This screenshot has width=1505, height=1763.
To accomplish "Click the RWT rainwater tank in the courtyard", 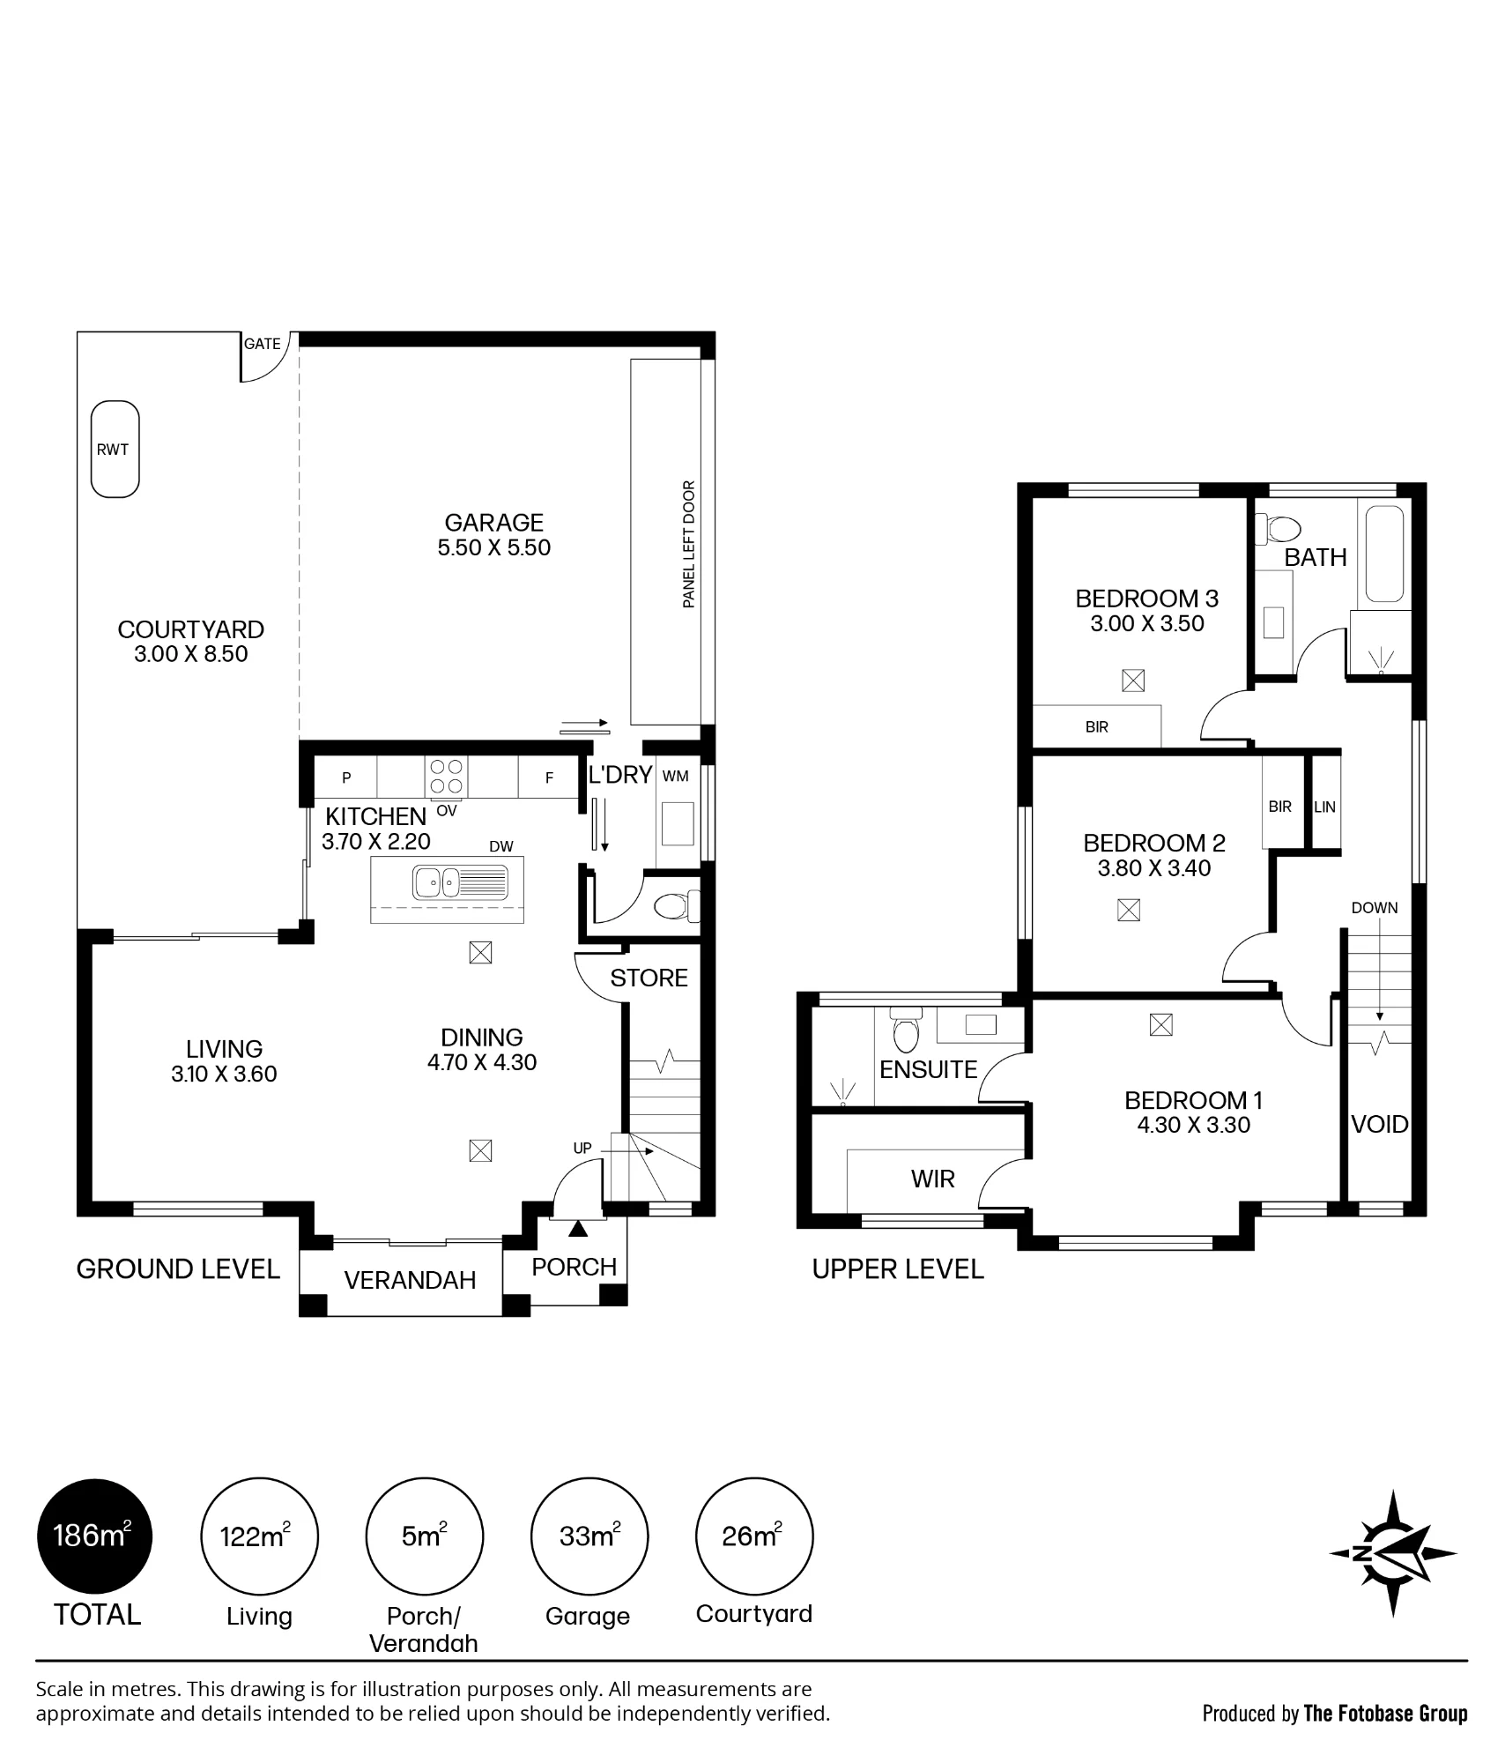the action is coord(115,450).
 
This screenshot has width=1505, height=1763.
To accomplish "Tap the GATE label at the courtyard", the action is coord(263,344).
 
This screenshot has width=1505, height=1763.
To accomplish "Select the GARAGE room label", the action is coord(493,522).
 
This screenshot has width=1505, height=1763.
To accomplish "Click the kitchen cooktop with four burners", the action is coord(447,777).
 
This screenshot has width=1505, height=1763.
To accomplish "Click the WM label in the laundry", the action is coord(675,777).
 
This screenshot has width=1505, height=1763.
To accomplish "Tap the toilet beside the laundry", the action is coord(678,905).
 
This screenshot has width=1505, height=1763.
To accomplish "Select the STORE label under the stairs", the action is coord(649,978).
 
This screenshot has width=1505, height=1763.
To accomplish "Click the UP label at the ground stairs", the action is coord(582,1149).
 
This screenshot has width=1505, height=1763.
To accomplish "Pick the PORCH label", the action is coord(574,1267).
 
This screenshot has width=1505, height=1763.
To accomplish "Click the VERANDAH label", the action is coord(410,1280).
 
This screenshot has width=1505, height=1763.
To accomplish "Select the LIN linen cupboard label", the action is coord(1324,807).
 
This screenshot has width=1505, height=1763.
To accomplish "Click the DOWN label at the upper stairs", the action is coord(1375,908).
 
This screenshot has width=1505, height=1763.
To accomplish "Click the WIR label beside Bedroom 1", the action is coord(933,1179).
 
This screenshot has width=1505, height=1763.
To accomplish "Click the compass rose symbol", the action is coord(1393,1553).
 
